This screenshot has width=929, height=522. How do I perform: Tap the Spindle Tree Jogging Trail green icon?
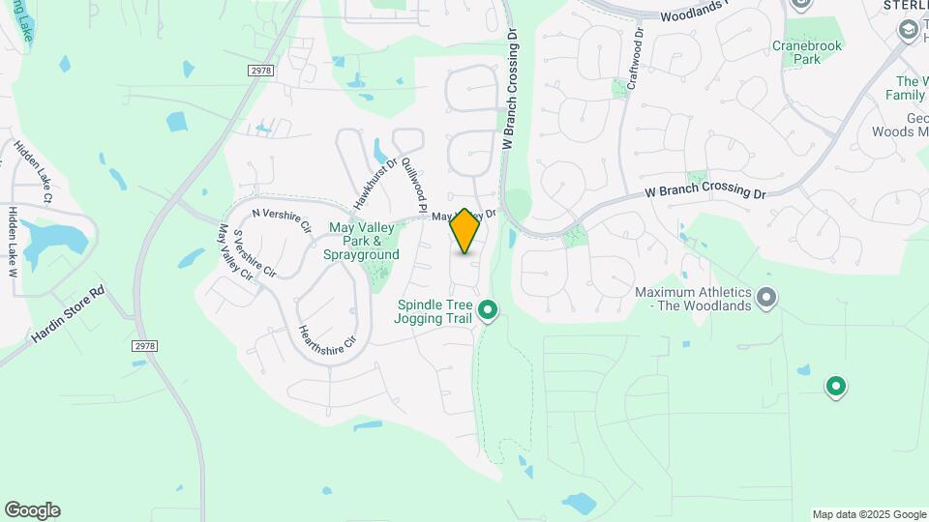pos(489,310)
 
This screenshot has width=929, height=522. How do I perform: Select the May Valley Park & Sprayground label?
pos(364,241)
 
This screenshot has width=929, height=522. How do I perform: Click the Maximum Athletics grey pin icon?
pos(766,297)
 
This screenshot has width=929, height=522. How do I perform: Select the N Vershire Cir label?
pos(281,219)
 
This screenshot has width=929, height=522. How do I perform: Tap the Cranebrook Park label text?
pos(807,52)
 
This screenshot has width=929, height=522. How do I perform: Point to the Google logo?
pos(32,510)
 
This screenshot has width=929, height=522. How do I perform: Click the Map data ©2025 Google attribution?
pos(869,514)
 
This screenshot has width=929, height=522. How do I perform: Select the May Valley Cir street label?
pos(235,253)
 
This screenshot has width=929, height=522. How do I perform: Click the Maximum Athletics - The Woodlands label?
pos(693,299)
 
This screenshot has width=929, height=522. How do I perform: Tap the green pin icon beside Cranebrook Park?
pos(799,5)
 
